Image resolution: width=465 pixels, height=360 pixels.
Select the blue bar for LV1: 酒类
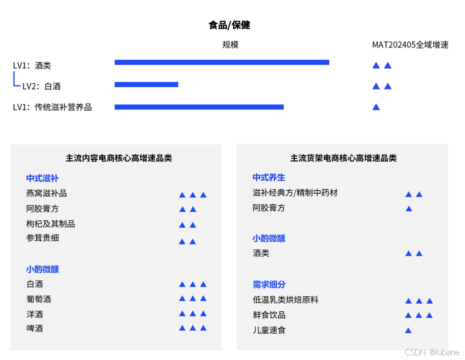coord(222,63)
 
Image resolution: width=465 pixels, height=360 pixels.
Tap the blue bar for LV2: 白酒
coord(146,85)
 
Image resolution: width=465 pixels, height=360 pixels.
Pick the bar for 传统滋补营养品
coord(199,107)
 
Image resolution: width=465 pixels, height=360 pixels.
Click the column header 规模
coord(230,45)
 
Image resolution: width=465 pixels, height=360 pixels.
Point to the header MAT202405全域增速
coord(410,45)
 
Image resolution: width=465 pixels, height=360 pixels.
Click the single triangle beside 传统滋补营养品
coord(376,107)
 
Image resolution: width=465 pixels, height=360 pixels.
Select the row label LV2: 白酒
coord(41,87)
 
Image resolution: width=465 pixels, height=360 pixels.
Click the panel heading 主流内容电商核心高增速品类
coord(119,158)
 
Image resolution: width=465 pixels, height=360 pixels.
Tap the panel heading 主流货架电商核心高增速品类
coord(343,158)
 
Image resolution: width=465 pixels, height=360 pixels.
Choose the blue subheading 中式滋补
coord(42,179)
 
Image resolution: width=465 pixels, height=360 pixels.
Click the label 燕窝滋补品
coord(46,194)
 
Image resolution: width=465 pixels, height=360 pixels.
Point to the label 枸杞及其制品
coord(50,224)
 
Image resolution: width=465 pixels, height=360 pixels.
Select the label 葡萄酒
coord(39,299)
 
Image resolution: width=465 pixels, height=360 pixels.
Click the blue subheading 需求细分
coord(269,284)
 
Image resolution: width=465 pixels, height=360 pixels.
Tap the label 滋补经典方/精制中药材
coord(295,193)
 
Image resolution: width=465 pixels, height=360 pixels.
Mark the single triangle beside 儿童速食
coord(408,331)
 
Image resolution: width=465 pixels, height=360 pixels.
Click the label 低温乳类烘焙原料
coord(285,300)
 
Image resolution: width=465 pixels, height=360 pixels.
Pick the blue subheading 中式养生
coord(269,177)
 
